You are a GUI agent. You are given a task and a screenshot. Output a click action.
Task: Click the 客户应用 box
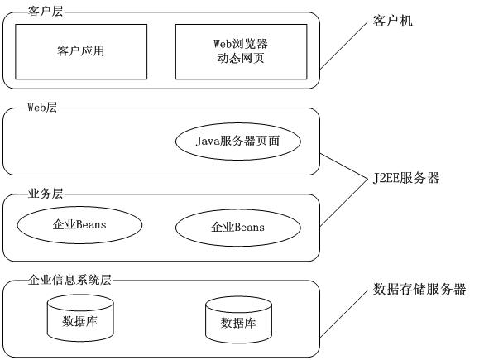coord(80,50)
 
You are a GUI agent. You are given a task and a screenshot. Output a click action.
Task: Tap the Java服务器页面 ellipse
coord(237,141)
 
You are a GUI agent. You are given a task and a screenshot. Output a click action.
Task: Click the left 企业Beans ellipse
coord(79,224)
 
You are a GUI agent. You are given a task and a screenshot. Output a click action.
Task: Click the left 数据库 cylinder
coord(80,319)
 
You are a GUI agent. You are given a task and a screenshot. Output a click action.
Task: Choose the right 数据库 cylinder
coord(237,322)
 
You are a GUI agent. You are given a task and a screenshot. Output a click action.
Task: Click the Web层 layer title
coord(42,108)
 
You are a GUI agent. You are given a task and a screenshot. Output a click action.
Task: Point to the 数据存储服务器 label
coord(419,290)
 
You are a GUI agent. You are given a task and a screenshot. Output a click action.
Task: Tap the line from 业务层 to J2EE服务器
coord(343,200)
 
